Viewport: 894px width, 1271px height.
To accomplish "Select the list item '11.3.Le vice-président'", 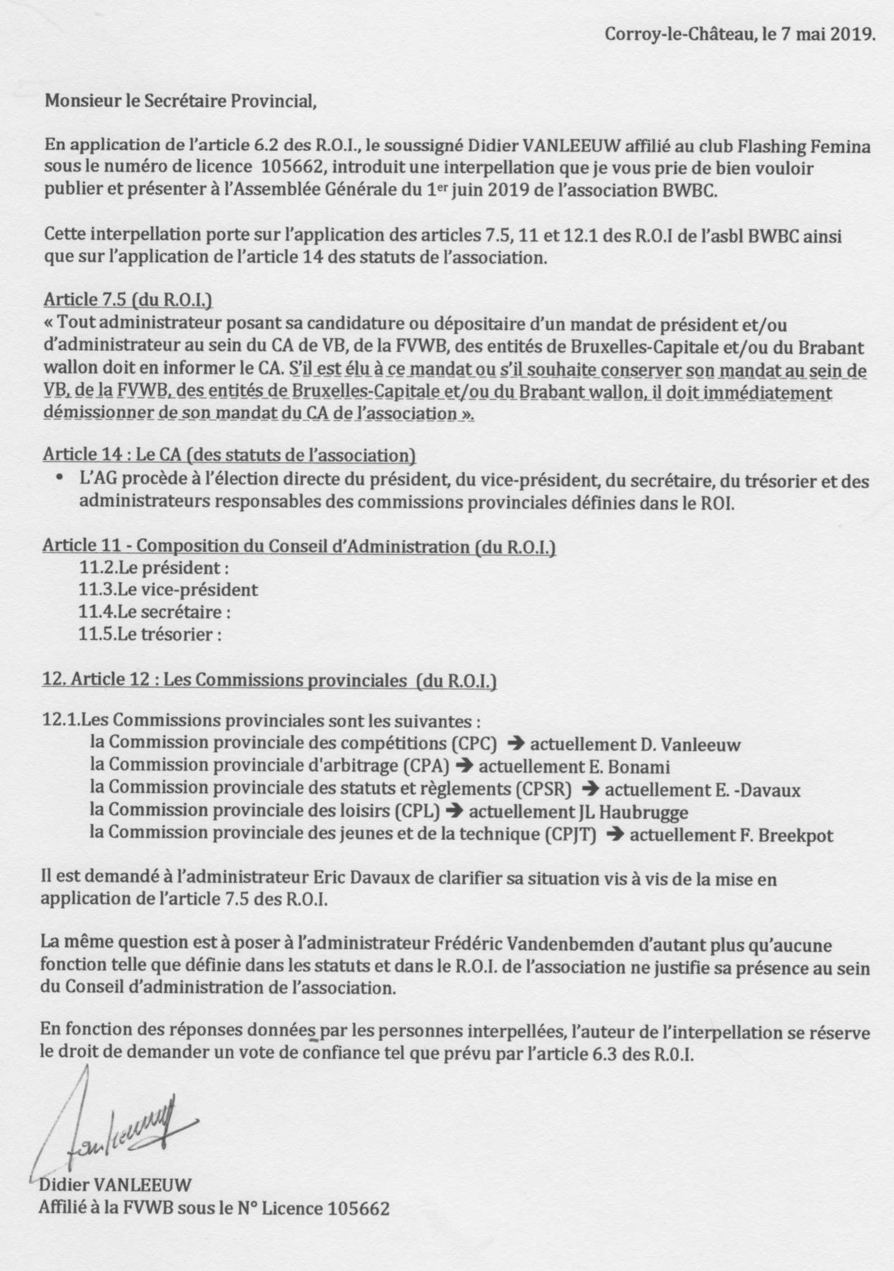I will tap(169, 590).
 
